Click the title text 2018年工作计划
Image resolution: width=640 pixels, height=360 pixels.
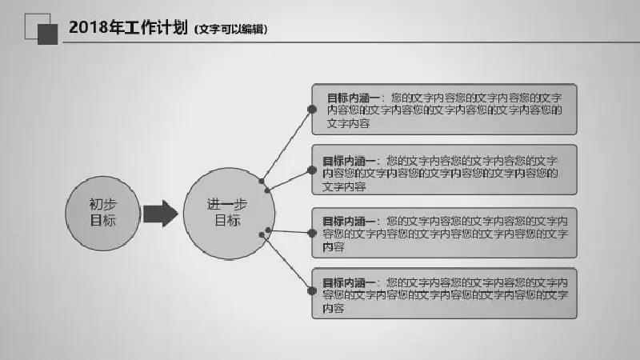tap(128, 27)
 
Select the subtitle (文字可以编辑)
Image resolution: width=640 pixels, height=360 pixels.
tap(231, 30)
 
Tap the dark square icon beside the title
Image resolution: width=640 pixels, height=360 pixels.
tap(48, 34)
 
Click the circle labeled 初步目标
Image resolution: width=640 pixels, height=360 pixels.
tap(102, 214)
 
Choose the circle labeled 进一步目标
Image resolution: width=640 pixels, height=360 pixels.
tap(229, 214)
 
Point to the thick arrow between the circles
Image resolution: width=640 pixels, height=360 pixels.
tap(161, 214)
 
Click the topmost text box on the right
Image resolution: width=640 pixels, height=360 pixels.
tap(444, 110)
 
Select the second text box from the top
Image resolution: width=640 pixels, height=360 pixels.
tap(444, 170)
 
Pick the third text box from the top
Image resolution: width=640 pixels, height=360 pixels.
tap(444, 233)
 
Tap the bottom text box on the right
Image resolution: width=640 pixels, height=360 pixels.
tap(444, 294)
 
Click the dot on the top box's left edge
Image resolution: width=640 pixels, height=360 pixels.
tap(312, 110)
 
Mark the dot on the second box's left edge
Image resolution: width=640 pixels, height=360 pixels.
tap(312, 170)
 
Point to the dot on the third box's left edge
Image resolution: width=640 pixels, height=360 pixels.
tap(312, 233)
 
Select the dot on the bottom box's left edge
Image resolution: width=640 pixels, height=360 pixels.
tap(312, 291)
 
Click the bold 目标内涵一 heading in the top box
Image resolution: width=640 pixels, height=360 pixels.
tap(353, 98)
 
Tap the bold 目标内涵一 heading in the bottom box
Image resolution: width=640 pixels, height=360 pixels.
tap(349, 283)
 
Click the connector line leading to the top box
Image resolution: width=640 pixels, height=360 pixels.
tap(286, 146)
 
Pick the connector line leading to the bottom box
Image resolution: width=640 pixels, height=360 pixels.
tap(286, 263)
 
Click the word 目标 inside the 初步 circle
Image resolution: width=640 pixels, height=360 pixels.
tap(103, 221)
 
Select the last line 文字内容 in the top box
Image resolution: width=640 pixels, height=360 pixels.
tap(348, 123)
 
